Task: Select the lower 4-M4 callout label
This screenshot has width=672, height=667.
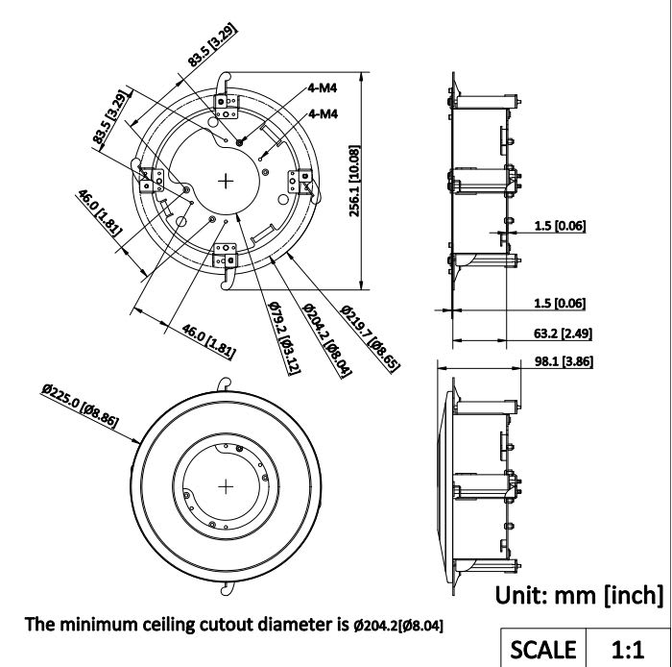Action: coord(322,113)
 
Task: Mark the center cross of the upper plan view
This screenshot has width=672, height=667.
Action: coord(227,180)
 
